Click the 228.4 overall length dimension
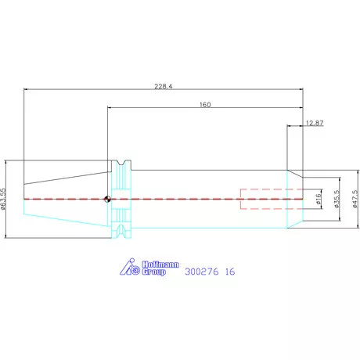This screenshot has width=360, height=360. [x=164, y=86]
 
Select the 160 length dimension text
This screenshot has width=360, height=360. [x=205, y=105]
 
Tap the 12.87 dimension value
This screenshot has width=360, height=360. [x=315, y=123]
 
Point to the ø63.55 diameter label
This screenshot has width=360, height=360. [x=3, y=199]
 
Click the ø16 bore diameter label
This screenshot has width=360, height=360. [x=318, y=199]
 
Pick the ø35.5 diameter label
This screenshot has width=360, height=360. [x=337, y=199]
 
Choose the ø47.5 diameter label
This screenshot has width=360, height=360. [x=355, y=199]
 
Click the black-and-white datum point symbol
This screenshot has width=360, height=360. [x=107, y=199]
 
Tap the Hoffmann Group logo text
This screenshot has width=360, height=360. [x=160, y=268]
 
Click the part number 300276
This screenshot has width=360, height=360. [x=202, y=272]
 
